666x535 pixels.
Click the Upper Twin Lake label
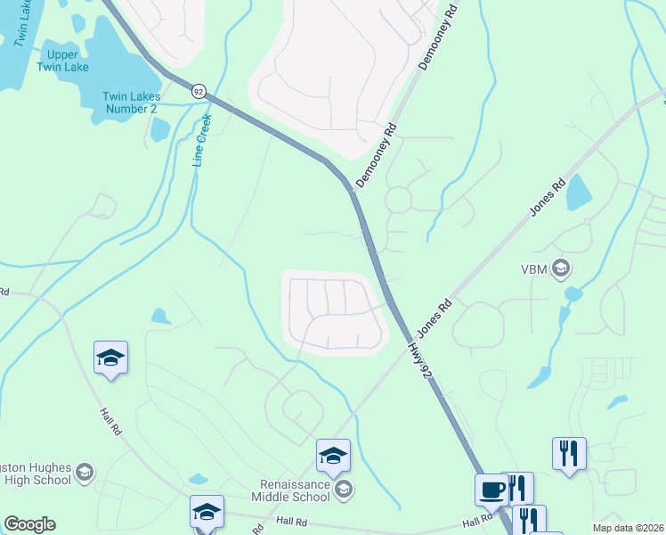point(64,61)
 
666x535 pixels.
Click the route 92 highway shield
point(199,91)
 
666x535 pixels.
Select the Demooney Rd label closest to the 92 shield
point(375,155)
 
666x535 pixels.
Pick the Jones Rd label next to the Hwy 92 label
point(435,317)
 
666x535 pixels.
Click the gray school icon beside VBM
point(561,267)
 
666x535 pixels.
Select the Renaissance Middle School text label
point(289,490)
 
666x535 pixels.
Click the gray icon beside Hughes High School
point(85,472)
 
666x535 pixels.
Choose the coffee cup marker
point(491,490)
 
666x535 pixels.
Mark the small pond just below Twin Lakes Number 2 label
point(159,130)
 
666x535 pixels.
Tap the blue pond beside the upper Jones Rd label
point(579,191)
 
